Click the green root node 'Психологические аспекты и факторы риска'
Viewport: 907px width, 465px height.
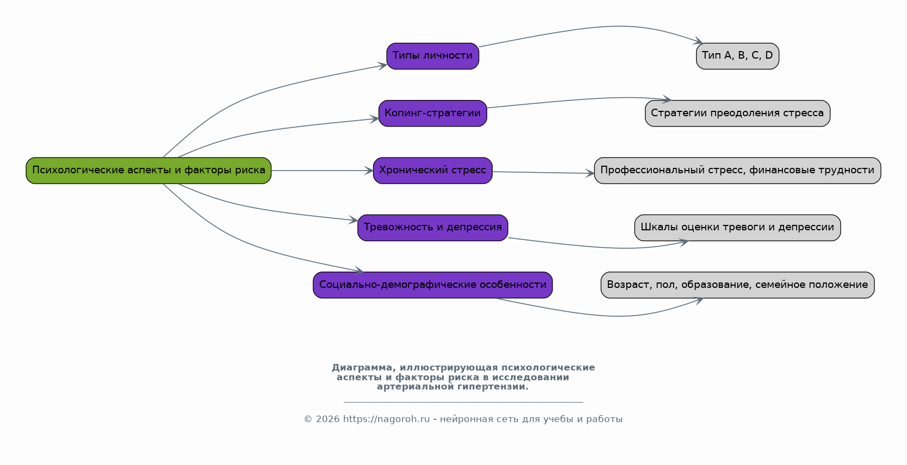pos(148,171)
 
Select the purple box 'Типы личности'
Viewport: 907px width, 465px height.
pos(433,56)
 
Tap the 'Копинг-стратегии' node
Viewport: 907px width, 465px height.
pos(433,114)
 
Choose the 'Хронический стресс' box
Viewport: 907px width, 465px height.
pos(433,171)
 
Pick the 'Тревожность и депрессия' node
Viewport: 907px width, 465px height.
pos(433,228)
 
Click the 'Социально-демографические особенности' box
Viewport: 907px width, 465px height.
pos(433,285)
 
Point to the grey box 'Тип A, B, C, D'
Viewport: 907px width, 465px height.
pos(738,56)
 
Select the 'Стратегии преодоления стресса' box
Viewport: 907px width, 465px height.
pos(738,114)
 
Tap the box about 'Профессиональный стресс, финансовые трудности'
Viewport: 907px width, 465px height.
pos(738,171)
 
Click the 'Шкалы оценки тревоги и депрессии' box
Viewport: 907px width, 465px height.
pos(738,228)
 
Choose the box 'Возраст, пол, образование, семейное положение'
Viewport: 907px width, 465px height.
pos(738,285)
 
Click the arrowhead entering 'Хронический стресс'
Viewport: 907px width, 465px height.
pos(369,171)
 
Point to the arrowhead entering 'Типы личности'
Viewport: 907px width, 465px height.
pos(383,66)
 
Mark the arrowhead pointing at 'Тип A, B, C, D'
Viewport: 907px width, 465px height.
pos(698,41)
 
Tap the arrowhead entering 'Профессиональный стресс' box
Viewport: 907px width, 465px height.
pos(590,173)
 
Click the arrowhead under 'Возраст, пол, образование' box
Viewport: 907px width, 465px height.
pos(699,300)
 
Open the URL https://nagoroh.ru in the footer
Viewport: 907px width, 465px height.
pos(386,419)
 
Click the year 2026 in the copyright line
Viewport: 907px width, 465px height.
pos(327,419)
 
